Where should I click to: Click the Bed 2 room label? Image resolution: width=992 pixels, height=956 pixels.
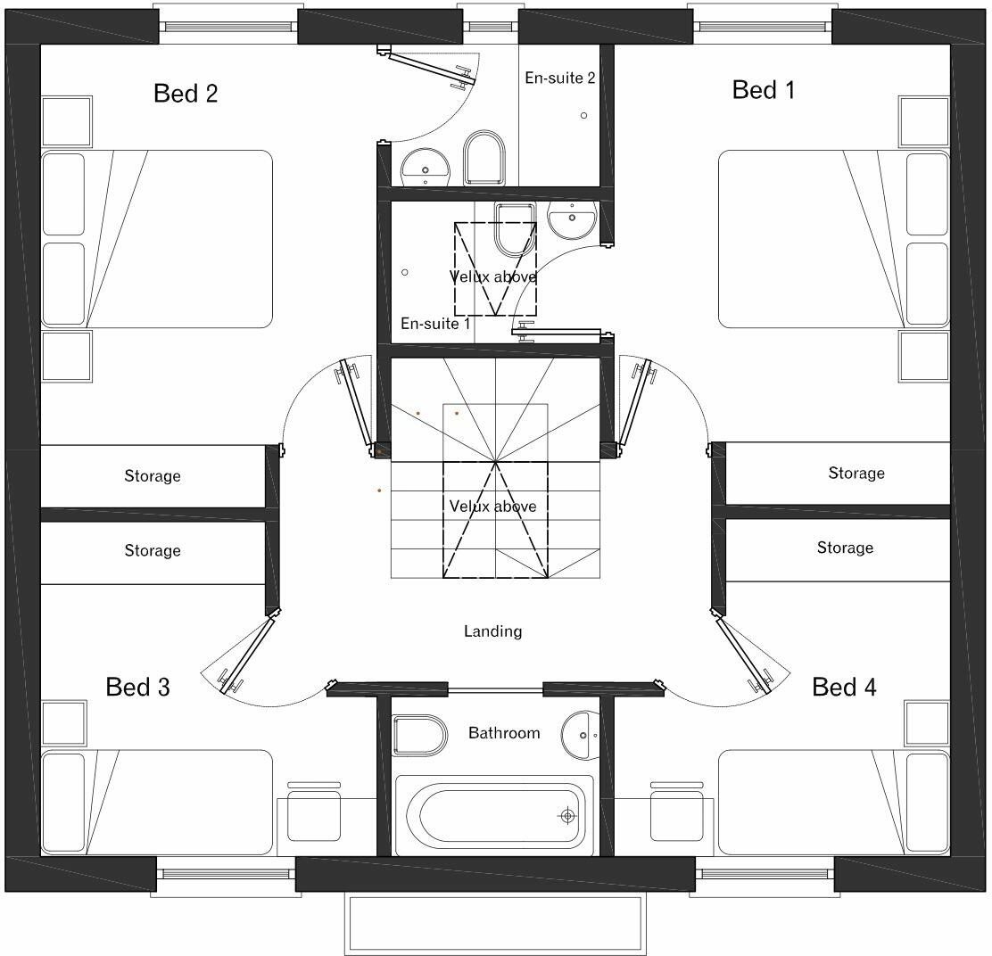[186, 94]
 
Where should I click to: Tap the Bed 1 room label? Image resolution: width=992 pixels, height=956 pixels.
[764, 90]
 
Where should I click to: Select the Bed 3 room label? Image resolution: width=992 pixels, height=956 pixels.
[137, 687]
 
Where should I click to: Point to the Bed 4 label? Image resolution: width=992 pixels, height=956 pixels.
[844, 687]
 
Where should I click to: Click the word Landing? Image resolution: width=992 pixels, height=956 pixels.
[492, 631]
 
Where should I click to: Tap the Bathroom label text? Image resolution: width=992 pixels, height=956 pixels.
[504, 733]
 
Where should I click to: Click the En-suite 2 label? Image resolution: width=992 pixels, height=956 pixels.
[559, 78]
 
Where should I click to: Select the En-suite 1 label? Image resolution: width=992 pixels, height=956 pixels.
[434, 324]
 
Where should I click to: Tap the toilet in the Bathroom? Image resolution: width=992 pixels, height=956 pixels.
[419, 735]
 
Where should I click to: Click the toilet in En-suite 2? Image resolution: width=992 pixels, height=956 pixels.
[484, 158]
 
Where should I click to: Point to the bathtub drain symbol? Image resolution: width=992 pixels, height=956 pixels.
[566, 815]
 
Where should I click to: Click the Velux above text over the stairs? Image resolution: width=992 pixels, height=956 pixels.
[492, 507]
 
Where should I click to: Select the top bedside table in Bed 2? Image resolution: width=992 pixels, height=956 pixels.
[67, 121]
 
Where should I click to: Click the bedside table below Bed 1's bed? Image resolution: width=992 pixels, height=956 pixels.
[924, 357]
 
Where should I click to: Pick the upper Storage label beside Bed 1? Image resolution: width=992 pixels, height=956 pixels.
[856, 473]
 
